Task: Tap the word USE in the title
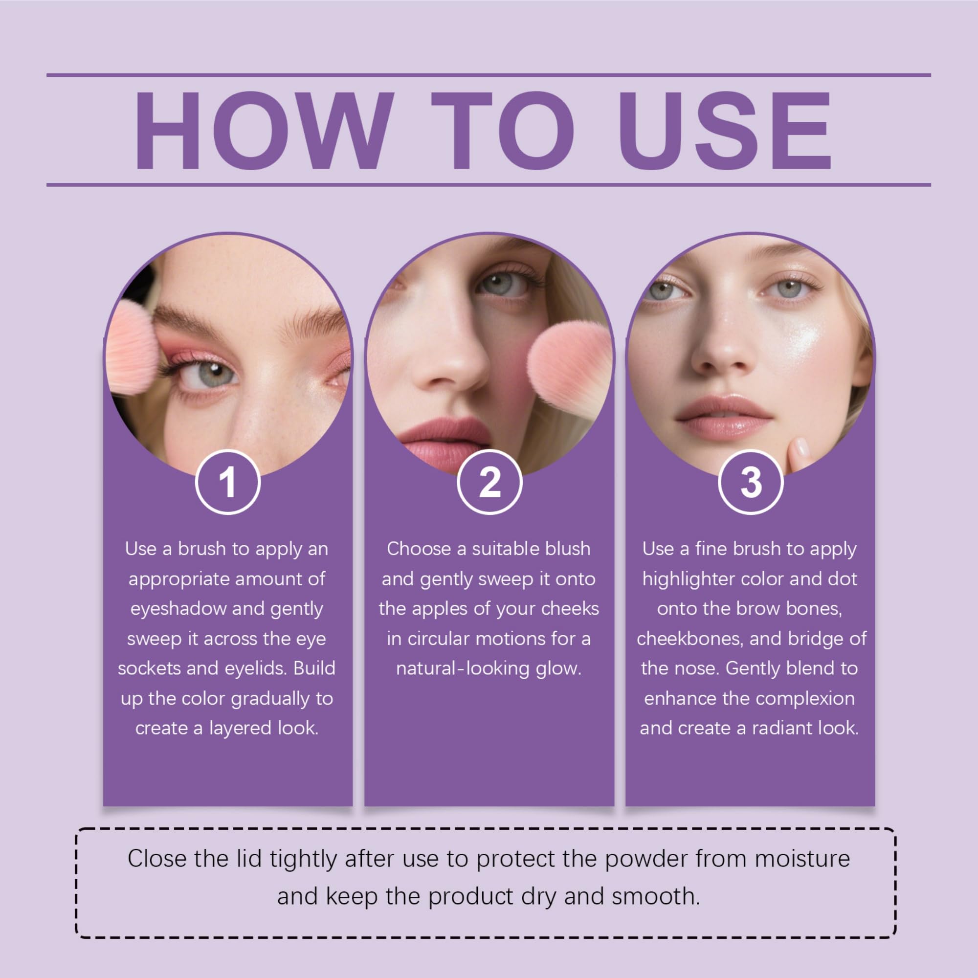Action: (x=724, y=131)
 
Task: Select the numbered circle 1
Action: (x=228, y=482)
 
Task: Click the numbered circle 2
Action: (x=489, y=482)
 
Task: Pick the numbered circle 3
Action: (x=751, y=482)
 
